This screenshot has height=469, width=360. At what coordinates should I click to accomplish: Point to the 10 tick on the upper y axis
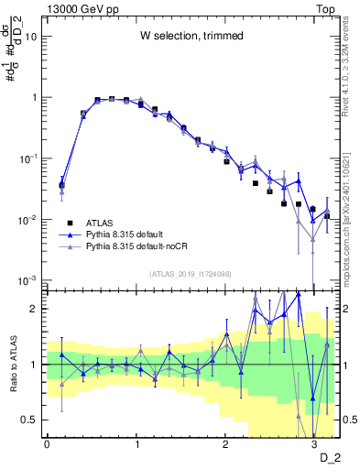click(31, 37)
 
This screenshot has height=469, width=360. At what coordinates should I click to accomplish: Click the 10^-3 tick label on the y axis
click(28, 281)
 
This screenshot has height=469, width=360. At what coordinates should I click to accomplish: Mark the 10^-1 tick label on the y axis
click(28, 158)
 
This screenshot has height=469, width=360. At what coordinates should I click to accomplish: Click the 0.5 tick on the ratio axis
click(32, 420)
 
